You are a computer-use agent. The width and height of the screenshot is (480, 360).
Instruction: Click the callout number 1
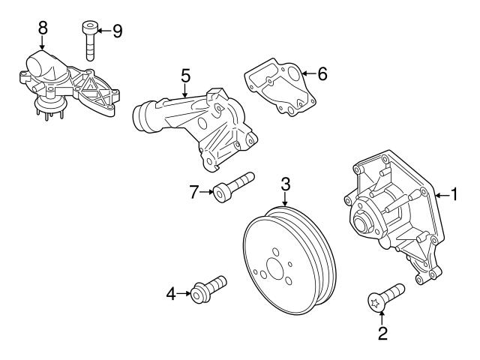(x=454, y=195)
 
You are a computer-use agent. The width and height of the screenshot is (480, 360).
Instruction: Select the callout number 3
(x=286, y=183)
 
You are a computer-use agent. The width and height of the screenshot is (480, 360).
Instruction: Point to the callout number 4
(x=172, y=294)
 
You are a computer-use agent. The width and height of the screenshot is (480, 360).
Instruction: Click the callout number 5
(x=185, y=75)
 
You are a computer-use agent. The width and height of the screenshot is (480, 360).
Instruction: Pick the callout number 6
(x=322, y=73)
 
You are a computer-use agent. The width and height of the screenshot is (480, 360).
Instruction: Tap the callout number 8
(x=43, y=28)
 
